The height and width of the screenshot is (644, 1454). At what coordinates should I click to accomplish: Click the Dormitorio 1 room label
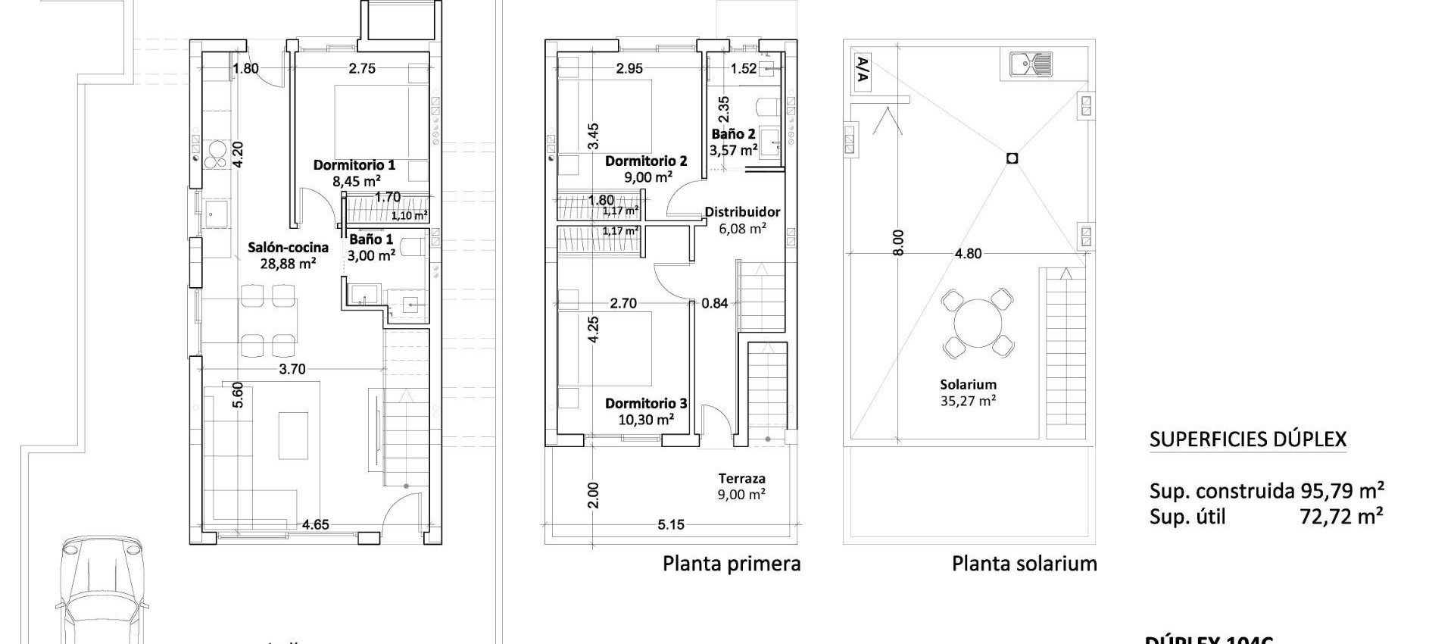[x=354, y=164]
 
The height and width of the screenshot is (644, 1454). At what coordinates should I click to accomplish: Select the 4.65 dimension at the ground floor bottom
[x=315, y=524]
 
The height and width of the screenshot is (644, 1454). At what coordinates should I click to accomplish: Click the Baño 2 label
[x=733, y=134]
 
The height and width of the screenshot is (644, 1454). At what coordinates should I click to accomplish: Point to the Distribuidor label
[x=742, y=212]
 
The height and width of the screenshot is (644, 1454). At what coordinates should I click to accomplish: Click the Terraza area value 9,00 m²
[x=741, y=495]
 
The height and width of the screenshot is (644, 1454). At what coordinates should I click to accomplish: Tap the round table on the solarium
[x=978, y=324]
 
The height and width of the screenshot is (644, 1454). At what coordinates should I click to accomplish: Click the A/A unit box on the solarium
[x=862, y=72]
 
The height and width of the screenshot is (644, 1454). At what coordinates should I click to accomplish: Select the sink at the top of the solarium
[x=1031, y=64]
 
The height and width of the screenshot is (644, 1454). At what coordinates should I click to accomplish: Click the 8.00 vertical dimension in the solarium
[x=898, y=242]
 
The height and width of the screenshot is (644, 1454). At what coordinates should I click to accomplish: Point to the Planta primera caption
[x=732, y=564]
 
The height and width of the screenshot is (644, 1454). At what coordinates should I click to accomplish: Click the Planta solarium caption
[x=1024, y=564]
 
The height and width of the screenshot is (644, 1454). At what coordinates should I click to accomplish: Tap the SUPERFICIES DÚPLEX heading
[x=1247, y=439]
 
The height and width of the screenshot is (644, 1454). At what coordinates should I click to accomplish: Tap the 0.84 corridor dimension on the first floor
[x=714, y=303]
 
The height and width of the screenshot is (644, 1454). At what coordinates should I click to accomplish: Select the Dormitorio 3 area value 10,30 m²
[x=645, y=419]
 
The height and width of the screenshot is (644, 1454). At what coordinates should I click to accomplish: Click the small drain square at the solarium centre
[x=1012, y=158]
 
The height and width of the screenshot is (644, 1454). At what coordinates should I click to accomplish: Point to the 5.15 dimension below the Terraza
[x=671, y=524]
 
